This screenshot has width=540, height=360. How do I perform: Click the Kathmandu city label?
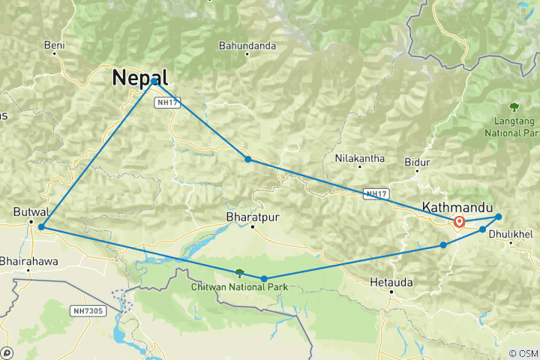[x=457, y=206]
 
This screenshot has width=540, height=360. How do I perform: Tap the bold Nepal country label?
[x=139, y=77]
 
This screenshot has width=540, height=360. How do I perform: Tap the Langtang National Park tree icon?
[x=514, y=106]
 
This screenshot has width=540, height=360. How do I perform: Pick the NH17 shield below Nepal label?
[x=167, y=102]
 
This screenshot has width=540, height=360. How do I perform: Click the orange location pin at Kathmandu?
[x=458, y=222]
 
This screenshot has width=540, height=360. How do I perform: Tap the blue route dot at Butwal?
[x=41, y=226]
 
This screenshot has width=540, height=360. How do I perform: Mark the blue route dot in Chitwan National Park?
[x=264, y=279]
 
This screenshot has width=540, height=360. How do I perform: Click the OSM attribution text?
[x=522, y=352]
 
